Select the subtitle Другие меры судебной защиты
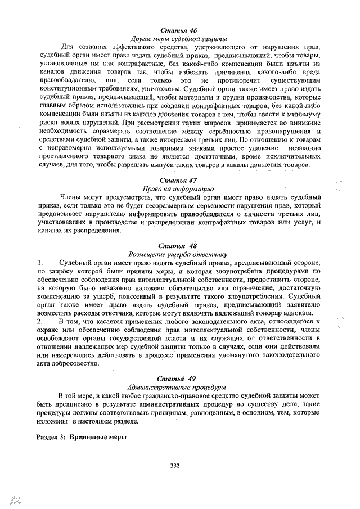pyautogui.click(x=178, y=39)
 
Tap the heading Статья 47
pyautogui.click(x=178, y=181)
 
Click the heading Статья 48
pyautogui.click(x=178, y=246)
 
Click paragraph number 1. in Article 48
pyautogui.click(x=40, y=263)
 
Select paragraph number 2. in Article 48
pyautogui.click(x=40, y=321)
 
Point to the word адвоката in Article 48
pyautogui.click(x=304, y=313)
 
